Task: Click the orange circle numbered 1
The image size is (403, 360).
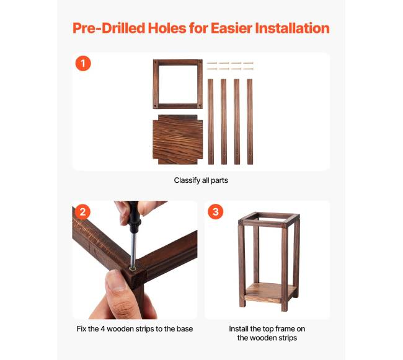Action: click(83, 63)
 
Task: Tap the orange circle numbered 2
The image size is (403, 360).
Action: click(82, 212)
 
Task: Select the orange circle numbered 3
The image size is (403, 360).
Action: click(215, 212)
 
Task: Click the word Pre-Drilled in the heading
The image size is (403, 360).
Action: click(108, 28)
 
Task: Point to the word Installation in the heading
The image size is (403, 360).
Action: click(292, 28)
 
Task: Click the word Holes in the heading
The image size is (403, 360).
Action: click(167, 28)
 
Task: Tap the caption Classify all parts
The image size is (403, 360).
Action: click(201, 180)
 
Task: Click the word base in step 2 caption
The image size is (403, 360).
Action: click(185, 329)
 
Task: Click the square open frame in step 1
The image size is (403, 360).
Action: click(156, 84)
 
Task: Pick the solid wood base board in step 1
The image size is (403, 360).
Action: click(177, 139)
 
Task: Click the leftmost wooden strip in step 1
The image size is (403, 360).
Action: click(211, 121)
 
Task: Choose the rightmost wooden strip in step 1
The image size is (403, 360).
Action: click(250, 121)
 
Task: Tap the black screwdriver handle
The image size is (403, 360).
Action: click(134, 216)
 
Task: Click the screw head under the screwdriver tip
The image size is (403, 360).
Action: click(133, 268)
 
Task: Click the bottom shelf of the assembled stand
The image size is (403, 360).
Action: click(270, 292)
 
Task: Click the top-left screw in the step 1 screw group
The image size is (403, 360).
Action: click(212, 63)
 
